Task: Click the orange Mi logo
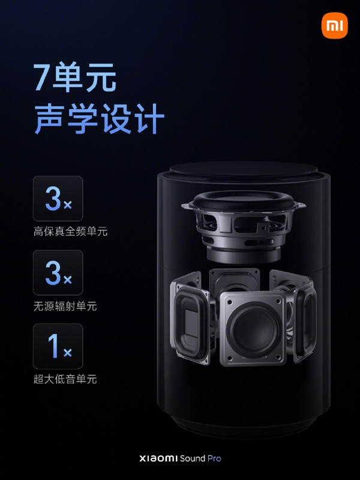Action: point(334,26)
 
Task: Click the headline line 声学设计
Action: point(99,119)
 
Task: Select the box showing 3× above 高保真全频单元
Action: point(58,199)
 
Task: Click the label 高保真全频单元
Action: point(70,231)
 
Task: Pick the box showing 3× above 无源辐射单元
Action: point(58,273)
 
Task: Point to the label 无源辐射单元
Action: point(65,306)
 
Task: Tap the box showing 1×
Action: point(58,347)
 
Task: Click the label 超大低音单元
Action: point(65,379)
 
